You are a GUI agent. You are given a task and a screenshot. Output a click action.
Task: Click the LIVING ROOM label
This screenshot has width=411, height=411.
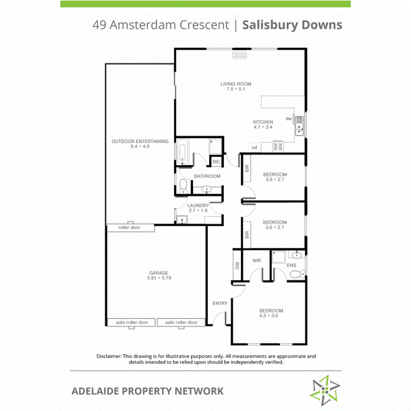(x=236, y=84)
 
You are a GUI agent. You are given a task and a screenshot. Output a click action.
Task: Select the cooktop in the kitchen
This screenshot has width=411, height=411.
(x=278, y=146)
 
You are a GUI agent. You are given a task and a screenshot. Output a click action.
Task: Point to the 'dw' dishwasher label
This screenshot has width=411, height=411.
(x=289, y=118)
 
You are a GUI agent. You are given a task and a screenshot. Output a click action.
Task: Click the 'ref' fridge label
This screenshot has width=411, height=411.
(x=254, y=148)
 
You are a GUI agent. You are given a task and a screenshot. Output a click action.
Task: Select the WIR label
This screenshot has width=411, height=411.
(x=257, y=261)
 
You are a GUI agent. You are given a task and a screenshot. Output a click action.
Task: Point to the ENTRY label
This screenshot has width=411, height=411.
(x=220, y=303)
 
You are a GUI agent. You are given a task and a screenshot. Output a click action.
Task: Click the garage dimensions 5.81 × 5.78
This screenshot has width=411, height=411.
(x=158, y=278)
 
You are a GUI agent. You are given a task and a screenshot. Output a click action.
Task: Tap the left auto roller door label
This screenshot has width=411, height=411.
(x=132, y=322)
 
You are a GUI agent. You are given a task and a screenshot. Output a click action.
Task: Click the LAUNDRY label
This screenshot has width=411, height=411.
(x=198, y=205)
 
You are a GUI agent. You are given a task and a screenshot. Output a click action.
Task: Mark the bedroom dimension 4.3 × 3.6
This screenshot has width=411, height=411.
(x=271, y=316)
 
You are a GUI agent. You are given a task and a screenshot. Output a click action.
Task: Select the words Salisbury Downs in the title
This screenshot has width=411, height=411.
(x=292, y=25)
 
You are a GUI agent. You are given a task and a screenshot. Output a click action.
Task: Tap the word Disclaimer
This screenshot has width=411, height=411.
(x=108, y=356)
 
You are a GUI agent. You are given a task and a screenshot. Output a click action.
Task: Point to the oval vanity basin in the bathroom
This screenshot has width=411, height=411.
(x=207, y=190)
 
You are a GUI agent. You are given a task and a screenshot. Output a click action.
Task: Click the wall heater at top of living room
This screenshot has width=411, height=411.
(x=240, y=55)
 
